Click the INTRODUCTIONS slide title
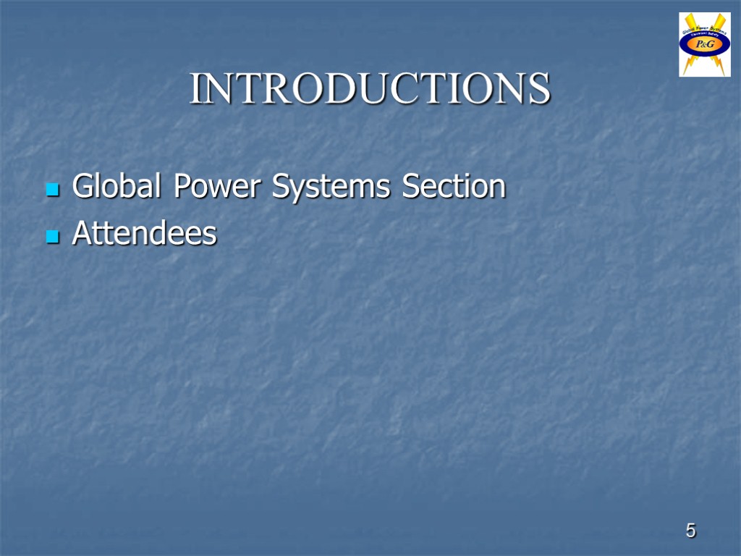(x=370, y=89)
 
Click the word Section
(x=454, y=187)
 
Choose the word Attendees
(x=145, y=234)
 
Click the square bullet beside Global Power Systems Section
(x=51, y=190)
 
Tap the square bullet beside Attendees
(x=51, y=237)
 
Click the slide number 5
(x=691, y=531)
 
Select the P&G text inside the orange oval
(x=705, y=45)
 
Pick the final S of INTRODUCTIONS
(x=539, y=89)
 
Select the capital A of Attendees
(x=82, y=234)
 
